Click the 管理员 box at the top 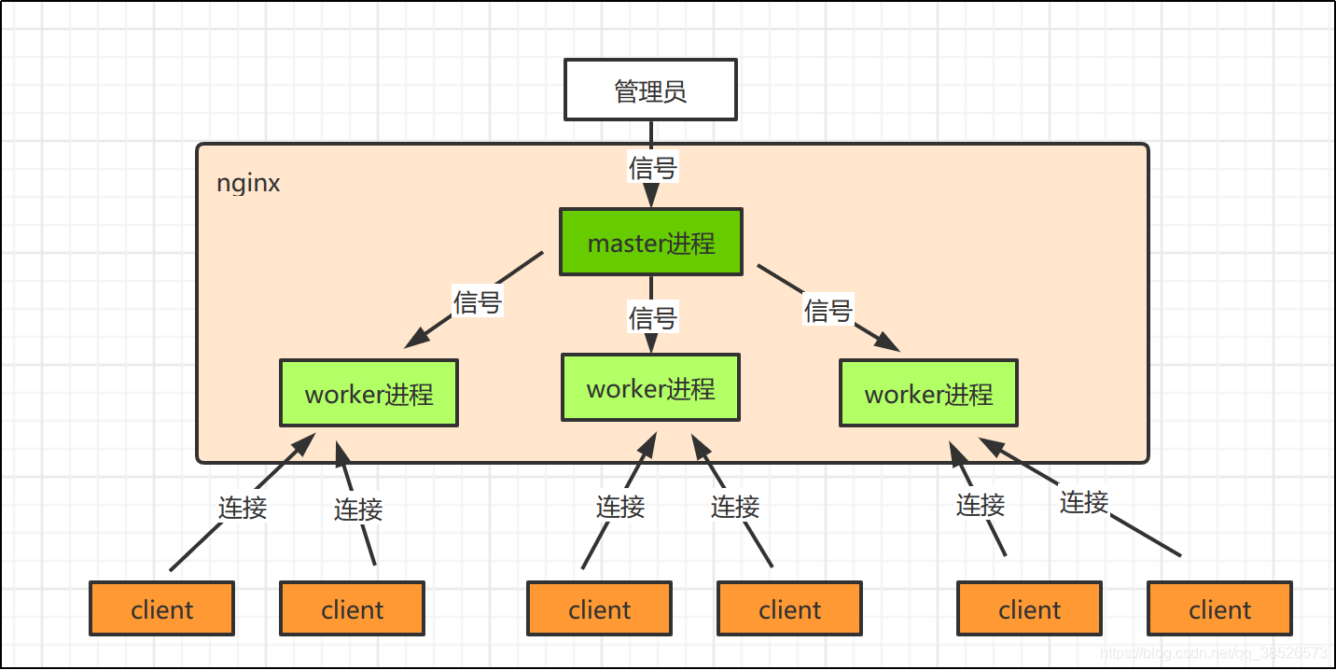[x=650, y=91]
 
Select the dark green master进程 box [x=650, y=243]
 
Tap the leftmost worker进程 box [x=369, y=394]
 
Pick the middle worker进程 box [x=650, y=387]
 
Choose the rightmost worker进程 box [x=928, y=394]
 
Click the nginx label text [x=248, y=183]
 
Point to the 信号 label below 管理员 [x=652, y=168]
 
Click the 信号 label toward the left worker [x=478, y=302]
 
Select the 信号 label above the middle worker [x=652, y=318]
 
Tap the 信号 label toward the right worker [x=828, y=310]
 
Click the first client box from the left [x=161, y=609]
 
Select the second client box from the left [x=352, y=609]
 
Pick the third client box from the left [x=599, y=609]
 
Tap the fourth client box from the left [x=789, y=609]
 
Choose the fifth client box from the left [x=1029, y=609]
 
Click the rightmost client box [x=1219, y=609]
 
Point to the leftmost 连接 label [x=243, y=508]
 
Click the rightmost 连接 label [x=1083, y=502]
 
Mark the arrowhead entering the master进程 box [x=651, y=197]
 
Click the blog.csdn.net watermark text [x=1213, y=652]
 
